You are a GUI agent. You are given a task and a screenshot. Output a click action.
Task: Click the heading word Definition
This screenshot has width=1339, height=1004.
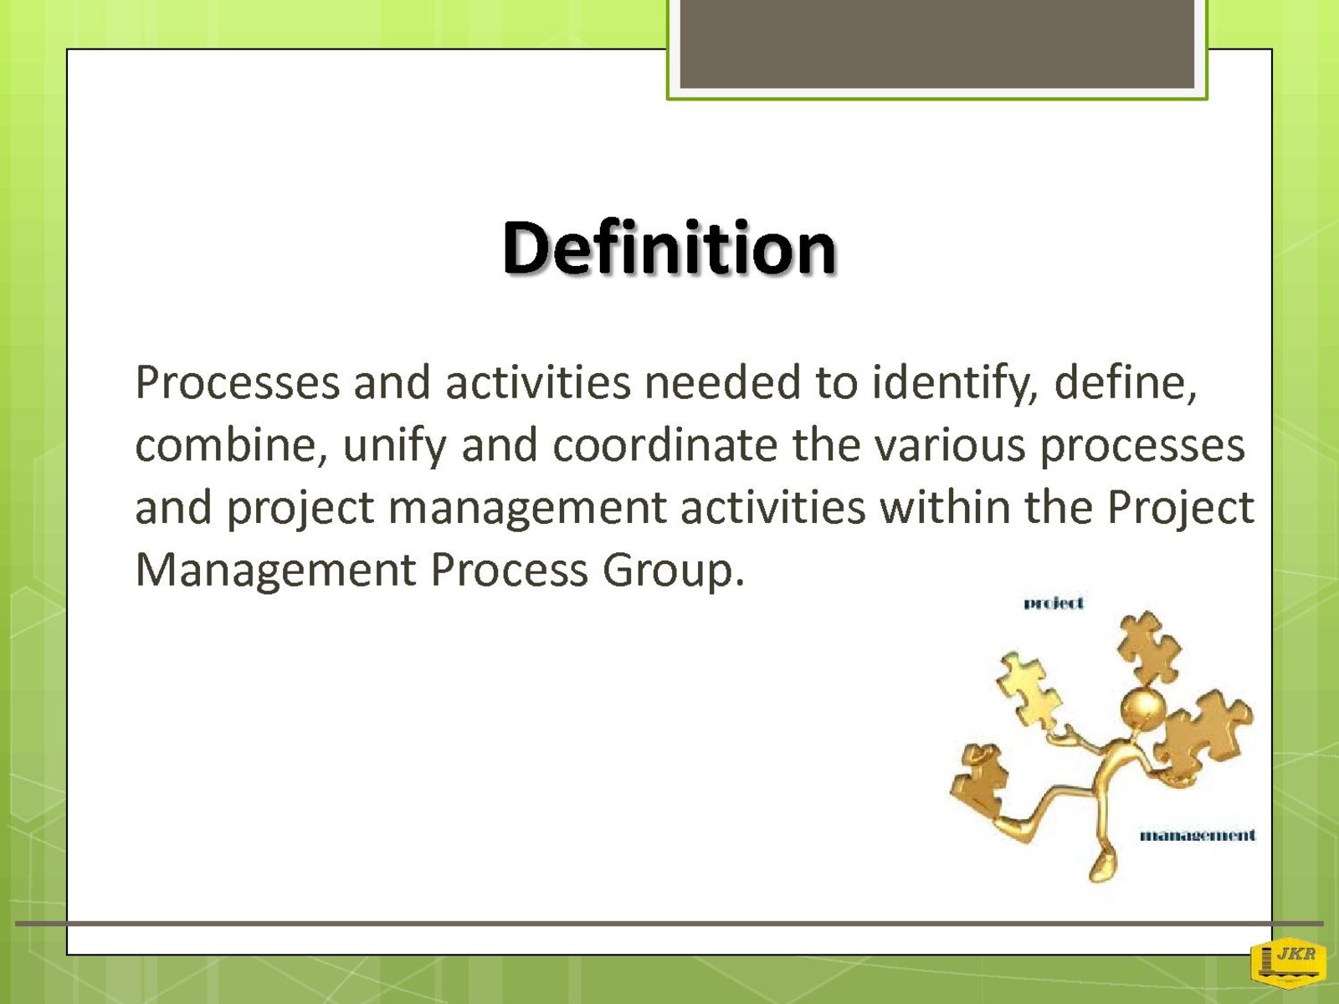point(669,248)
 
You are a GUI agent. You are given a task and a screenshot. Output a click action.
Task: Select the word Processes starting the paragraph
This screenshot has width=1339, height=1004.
point(238,383)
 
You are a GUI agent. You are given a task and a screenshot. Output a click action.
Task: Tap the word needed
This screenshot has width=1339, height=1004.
point(722,382)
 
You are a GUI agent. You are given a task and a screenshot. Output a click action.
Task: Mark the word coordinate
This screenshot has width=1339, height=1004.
point(665,445)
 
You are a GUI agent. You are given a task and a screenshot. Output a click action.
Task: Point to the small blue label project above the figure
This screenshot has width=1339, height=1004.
point(1054,603)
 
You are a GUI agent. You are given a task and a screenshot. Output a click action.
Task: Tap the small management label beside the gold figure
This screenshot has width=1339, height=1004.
point(1198,835)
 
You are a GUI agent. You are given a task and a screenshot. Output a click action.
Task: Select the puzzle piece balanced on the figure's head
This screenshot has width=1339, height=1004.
point(1150,648)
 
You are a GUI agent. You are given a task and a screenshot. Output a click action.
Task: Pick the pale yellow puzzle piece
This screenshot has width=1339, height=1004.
point(1029,690)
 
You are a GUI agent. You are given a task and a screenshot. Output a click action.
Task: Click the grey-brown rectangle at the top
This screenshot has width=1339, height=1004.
point(937,44)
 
